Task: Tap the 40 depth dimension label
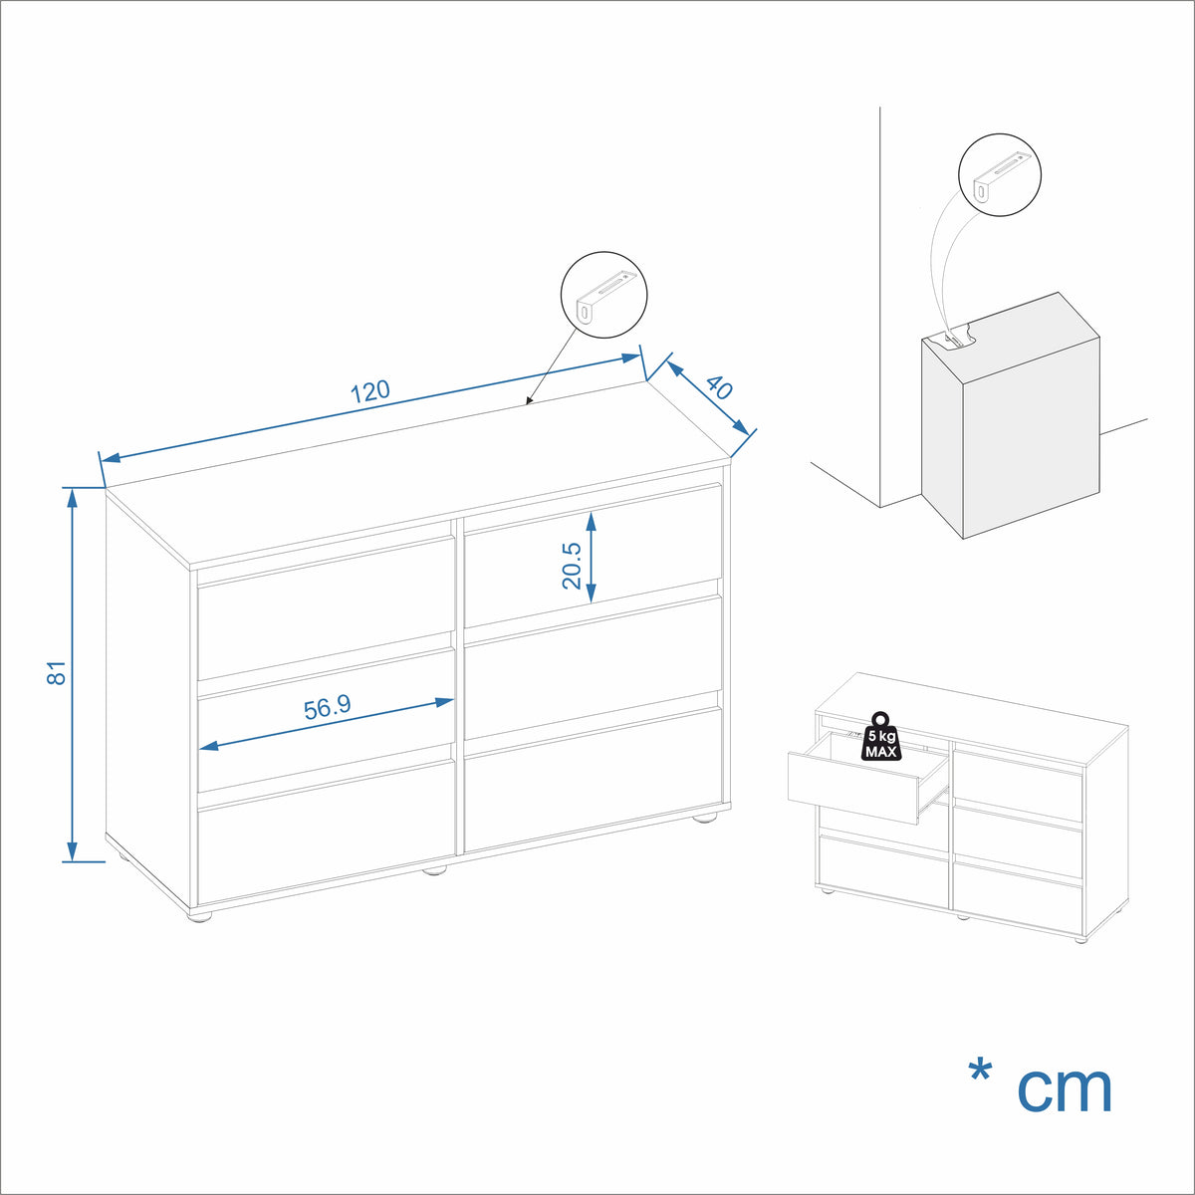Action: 719,387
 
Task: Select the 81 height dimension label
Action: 56,673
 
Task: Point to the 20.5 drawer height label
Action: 571,565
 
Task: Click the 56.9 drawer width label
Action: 328,707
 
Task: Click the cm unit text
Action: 1065,1089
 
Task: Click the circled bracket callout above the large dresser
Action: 604,295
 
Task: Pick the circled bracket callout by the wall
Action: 1000,175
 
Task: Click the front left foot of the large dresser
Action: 200,915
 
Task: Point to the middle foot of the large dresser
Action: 435,870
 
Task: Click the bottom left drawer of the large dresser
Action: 327,833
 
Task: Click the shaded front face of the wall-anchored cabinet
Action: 941,437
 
